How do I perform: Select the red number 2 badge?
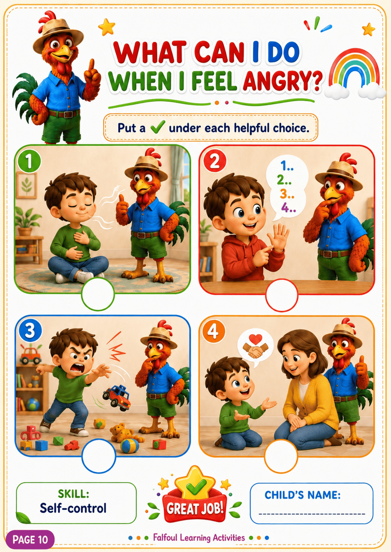[214, 162]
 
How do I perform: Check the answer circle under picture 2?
[282, 295]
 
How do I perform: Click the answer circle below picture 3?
[99, 456]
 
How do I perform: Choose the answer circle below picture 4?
[281, 456]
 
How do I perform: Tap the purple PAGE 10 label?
[30, 539]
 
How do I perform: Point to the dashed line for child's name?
[312, 514]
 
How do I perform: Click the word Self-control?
[73, 508]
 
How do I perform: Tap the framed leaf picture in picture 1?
[26, 185]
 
